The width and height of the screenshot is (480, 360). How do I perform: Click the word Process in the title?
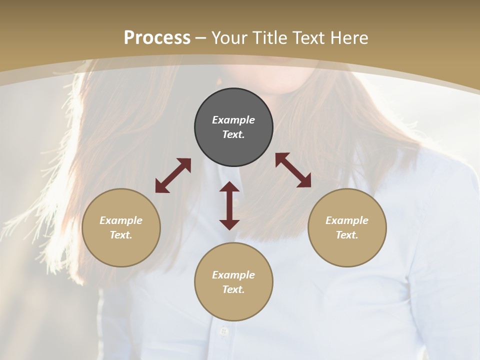pos(157,38)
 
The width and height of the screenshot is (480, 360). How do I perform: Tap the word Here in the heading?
pos(348,38)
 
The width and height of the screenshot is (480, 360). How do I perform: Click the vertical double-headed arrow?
pos(229,205)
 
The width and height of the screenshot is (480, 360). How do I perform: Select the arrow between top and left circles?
pos(173,175)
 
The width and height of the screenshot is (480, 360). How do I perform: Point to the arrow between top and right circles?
pos(293,170)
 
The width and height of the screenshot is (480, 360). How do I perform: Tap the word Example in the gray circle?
pos(233,120)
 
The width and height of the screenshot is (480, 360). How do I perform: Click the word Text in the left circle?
pos(121,235)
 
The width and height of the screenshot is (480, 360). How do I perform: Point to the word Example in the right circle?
pos(347,220)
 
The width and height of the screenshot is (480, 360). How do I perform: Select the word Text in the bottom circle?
pos(233,289)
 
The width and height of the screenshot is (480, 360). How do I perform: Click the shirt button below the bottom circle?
pos(223,331)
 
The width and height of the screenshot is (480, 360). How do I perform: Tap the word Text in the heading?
pos(307,38)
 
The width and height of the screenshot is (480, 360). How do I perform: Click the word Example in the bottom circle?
pos(233,275)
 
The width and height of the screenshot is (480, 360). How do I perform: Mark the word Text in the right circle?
pos(347,235)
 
